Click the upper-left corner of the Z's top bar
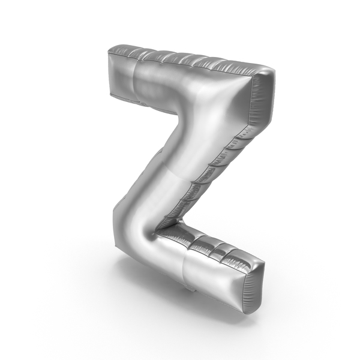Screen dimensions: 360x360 109,52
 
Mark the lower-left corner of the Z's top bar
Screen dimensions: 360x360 110,94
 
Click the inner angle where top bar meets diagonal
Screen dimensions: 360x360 179,114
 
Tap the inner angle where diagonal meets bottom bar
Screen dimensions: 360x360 158,230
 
